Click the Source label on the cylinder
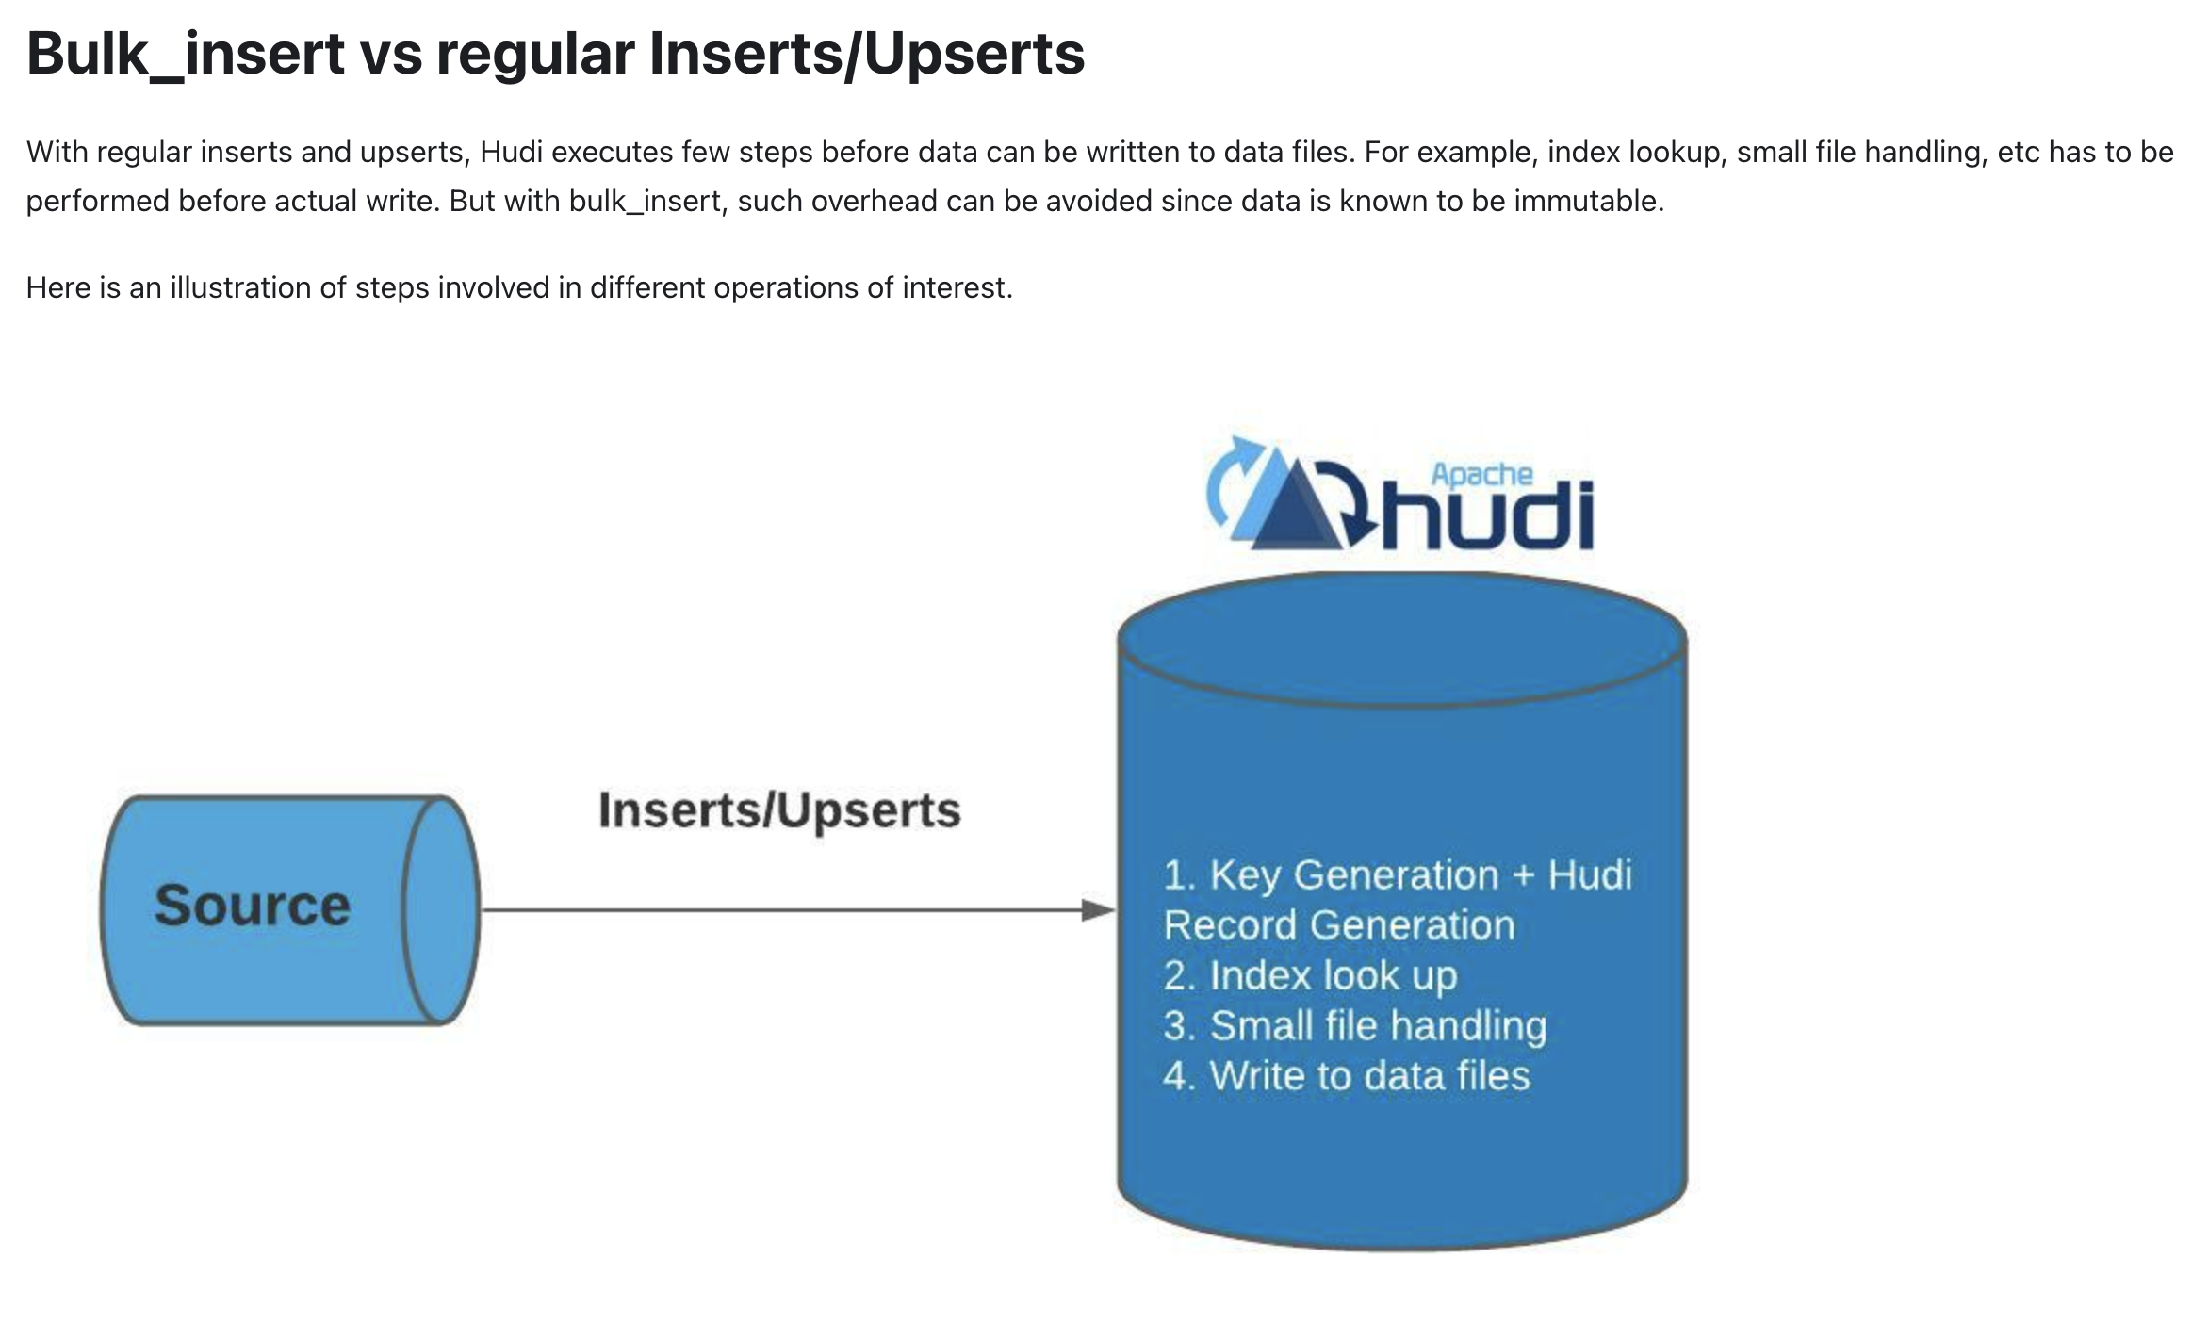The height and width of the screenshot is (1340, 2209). tap(253, 906)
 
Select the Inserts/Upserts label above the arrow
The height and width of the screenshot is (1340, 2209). tap(779, 810)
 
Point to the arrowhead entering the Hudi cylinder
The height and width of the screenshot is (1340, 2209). tap(1098, 910)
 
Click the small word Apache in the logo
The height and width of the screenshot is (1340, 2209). tap(1481, 474)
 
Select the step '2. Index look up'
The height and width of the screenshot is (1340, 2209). tap(1310, 975)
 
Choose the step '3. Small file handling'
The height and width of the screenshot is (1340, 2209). tap(1355, 1025)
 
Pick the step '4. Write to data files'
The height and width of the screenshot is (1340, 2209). tap(1347, 1075)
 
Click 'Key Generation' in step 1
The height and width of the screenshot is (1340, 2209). tap(1353, 874)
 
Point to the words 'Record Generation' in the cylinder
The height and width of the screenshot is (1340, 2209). tap(1339, 925)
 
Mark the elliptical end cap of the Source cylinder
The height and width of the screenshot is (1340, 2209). tap(440, 910)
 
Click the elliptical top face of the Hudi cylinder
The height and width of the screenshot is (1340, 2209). tap(1402, 638)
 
